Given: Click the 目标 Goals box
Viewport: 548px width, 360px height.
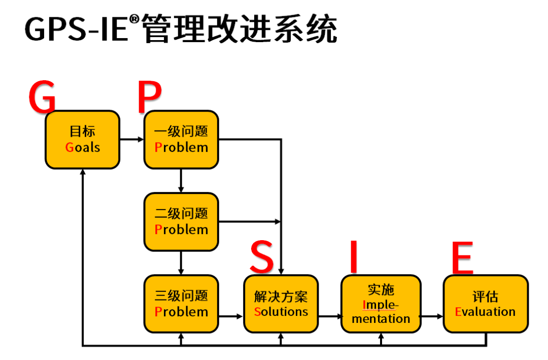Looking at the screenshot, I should pyautogui.click(x=82, y=140).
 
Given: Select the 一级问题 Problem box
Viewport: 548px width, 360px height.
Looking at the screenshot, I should pyautogui.click(x=181, y=140).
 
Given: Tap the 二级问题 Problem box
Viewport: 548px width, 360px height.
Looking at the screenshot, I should pyautogui.click(x=181, y=221).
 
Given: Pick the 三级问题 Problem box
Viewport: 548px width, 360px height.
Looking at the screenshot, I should pyautogui.click(x=181, y=304).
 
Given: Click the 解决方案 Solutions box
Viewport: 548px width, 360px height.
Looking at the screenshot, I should pyautogui.click(x=281, y=304).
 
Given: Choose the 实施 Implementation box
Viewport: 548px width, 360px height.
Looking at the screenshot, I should pyautogui.click(x=381, y=304).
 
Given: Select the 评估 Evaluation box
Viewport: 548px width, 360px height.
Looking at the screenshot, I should pyautogui.click(x=485, y=304).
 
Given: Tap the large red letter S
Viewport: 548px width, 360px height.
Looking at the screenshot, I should pyautogui.click(x=262, y=256).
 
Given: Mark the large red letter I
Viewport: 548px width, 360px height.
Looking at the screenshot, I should pyautogui.click(x=354, y=256).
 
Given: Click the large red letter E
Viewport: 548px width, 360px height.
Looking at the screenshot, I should pyautogui.click(x=462, y=256).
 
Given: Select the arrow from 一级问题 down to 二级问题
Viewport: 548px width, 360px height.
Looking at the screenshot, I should pyautogui.click(x=181, y=180).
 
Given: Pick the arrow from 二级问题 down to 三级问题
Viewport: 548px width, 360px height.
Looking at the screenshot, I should pyautogui.click(x=181, y=263).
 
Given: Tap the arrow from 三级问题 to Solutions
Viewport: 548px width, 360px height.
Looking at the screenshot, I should pyautogui.click(x=231, y=317).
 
